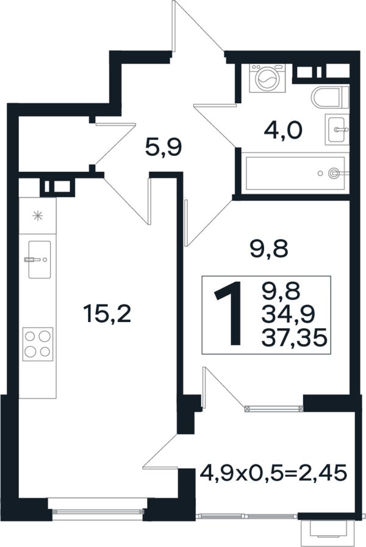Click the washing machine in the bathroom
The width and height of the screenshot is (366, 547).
pyautogui.click(x=267, y=78)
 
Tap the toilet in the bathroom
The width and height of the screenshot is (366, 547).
pyautogui.click(x=330, y=97)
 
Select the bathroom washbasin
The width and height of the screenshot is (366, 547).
pyautogui.click(x=337, y=129)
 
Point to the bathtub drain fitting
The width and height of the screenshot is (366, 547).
pyautogui.click(x=334, y=173)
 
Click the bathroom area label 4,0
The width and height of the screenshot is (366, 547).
pyautogui.click(x=283, y=131)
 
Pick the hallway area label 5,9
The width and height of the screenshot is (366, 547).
pyautogui.click(x=163, y=148)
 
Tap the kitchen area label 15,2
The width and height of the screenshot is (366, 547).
pyautogui.click(x=107, y=314)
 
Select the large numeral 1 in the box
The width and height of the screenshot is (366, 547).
pyautogui.click(x=229, y=314)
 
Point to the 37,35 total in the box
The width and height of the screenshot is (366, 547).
pyautogui.click(x=294, y=337)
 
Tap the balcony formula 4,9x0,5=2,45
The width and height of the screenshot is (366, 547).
pyautogui.click(x=273, y=473)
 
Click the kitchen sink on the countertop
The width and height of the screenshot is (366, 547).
pyautogui.click(x=39, y=260)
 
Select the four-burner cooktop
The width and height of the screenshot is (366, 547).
pyautogui.click(x=38, y=344)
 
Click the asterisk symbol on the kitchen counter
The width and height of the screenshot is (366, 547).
pyautogui.click(x=37, y=216)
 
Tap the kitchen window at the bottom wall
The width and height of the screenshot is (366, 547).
pyautogui.click(x=98, y=512)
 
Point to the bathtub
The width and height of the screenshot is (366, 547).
pyautogui.click(x=295, y=174)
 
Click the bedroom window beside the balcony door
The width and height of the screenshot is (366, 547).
pyautogui.click(x=274, y=408)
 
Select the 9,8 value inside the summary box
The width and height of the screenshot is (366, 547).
pyautogui.click(x=281, y=292)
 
